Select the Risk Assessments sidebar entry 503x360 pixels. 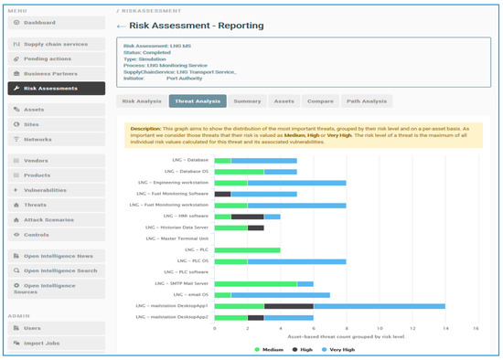point(51,88)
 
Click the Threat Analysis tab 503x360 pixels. point(197,101)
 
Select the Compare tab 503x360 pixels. point(320,101)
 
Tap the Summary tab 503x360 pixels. point(247,101)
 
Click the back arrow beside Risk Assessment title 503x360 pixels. point(123,27)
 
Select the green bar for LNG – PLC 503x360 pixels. point(247,249)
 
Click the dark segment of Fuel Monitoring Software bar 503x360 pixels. point(223,194)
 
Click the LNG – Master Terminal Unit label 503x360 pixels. point(178,238)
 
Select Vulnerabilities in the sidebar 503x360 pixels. point(51,190)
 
